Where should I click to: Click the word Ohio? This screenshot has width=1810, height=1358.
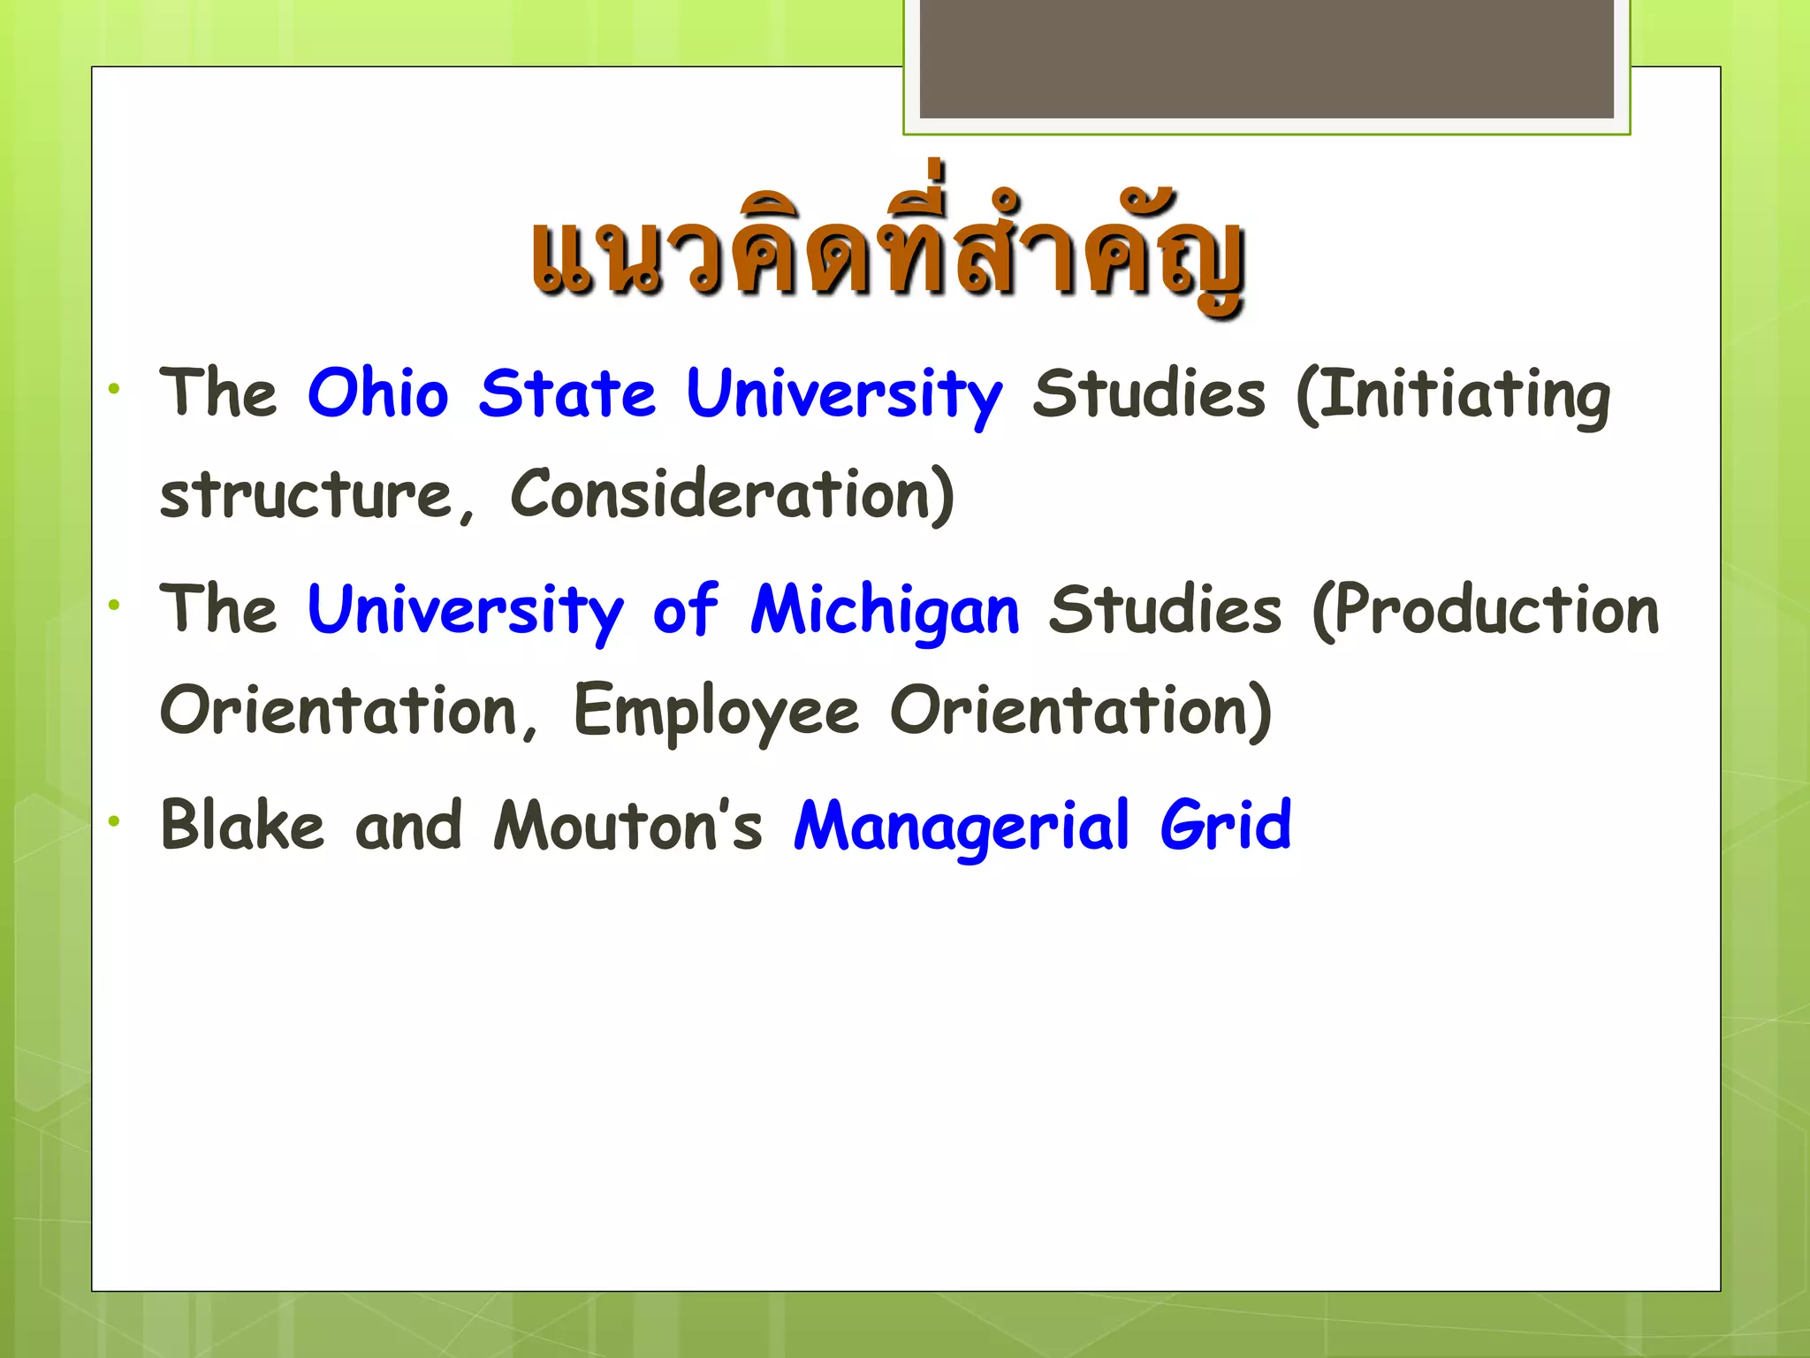pyautogui.click(x=377, y=393)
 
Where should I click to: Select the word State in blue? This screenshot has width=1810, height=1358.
pyautogui.click(x=567, y=393)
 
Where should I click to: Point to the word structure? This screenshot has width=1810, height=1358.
pyautogui.click(x=306, y=494)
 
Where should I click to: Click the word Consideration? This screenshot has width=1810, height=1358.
pyautogui.click(x=732, y=494)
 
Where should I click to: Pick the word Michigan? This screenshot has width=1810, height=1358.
pyautogui.click(x=885, y=612)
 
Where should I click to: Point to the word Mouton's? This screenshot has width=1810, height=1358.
pyautogui.click(x=627, y=826)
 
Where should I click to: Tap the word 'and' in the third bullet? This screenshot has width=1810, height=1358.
pyautogui.click(x=408, y=826)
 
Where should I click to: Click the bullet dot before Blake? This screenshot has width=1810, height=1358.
pyautogui.click(x=114, y=821)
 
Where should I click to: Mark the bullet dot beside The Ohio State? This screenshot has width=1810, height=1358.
pyautogui.click(x=114, y=388)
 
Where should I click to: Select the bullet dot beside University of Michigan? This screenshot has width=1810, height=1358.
pyautogui.click(x=114, y=606)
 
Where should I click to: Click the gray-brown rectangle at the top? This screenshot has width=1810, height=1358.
pyautogui.click(x=1266, y=58)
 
